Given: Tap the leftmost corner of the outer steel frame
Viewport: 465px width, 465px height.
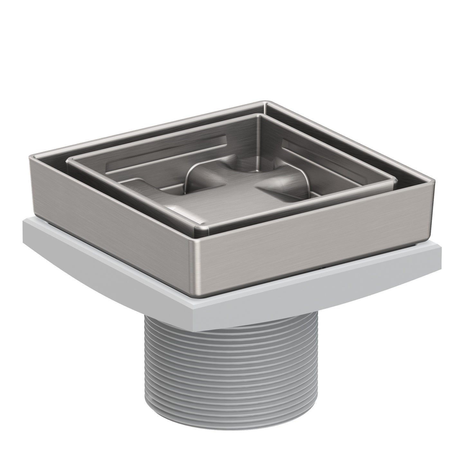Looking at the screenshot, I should pos(30,157).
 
